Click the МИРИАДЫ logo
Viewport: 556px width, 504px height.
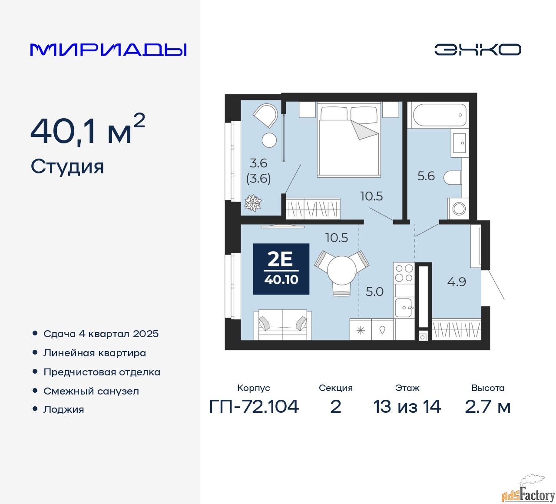108,50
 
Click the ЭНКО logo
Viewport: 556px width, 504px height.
477,50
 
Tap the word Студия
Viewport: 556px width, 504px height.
67,167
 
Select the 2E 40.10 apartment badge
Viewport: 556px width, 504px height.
281,269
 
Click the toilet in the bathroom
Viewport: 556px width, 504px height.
453,177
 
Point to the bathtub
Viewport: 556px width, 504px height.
440,115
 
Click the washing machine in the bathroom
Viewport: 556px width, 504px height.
458,209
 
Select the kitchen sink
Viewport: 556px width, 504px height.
404,308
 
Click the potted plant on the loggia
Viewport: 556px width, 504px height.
253,203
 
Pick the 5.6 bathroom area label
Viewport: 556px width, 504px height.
426,176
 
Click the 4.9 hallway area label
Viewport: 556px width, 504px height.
457,282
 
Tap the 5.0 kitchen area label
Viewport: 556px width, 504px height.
374,292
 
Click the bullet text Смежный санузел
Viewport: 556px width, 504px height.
91,391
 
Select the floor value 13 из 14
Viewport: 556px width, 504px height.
407,407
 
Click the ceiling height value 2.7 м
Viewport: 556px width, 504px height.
487,407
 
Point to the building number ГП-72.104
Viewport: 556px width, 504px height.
254,407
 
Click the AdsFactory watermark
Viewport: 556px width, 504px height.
528,494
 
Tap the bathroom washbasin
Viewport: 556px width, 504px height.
460,143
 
